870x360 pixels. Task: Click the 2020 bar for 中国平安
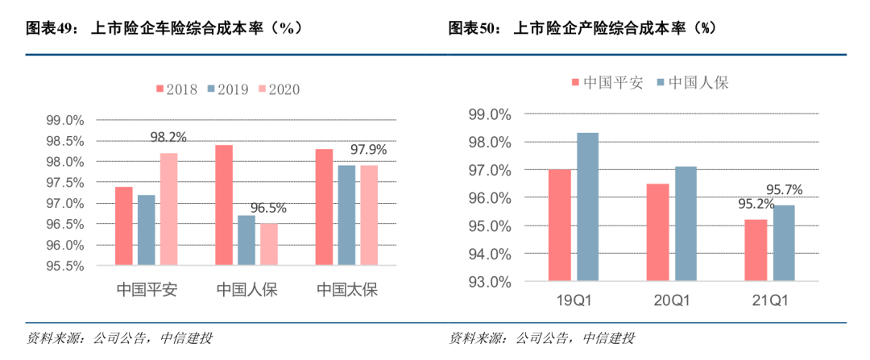click(x=168, y=209)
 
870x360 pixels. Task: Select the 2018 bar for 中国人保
click(x=224, y=205)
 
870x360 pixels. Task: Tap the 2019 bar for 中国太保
click(x=346, y=215)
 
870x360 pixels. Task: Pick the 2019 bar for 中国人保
click(x=246, y=240)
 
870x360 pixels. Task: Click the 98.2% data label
click(x=168, y=138)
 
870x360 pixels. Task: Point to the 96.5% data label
click(x=268, y=208)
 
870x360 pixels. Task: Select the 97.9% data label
click(x=368, y=150)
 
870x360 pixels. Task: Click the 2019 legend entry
click(x=229, y=89)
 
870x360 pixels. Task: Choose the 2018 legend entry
click(x=176, y=89)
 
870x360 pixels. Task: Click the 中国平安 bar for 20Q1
click(x=658, y=233)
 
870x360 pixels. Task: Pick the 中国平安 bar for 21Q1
click(x=756, y=250)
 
